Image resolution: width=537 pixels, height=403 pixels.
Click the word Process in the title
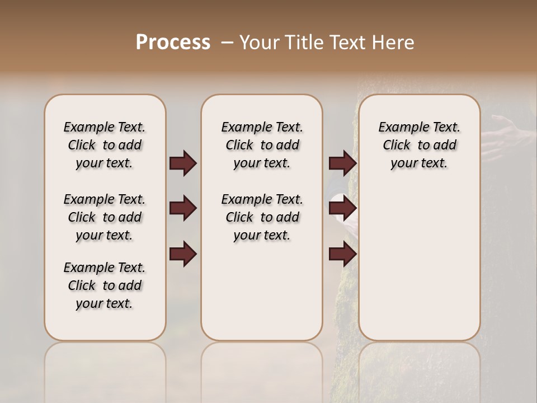point(173,43)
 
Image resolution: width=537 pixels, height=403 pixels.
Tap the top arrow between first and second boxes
point(183,163)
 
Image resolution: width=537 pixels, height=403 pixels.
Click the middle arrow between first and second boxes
point(183,209)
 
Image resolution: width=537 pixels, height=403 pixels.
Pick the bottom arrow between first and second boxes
point(183,254)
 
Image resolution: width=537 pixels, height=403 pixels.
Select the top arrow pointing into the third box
point(342,163)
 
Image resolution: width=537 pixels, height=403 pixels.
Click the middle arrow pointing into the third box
point(342,209)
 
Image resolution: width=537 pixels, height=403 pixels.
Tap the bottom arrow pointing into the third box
point(342,254)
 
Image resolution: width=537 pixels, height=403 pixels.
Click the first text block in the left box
point(105,145)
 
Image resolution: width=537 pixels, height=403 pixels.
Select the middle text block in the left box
point(105,217)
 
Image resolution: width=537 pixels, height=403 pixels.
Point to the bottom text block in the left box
point(105,285)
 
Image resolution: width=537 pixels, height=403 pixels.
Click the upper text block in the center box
point(262,145)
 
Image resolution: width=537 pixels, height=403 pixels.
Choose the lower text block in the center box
point(262,217)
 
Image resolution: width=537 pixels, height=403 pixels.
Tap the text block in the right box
point(419,145)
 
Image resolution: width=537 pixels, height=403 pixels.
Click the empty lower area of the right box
point(419,263)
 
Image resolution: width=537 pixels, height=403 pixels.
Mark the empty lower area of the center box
point(262,291)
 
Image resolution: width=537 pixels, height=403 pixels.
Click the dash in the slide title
point(227,43)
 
